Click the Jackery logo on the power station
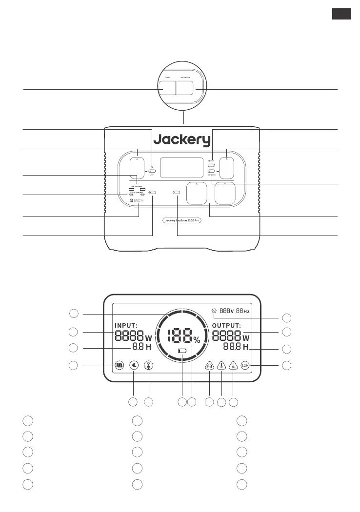pos(182,140)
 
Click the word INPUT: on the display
pos(126,326)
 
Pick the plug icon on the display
pos(134,365)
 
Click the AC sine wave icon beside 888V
pos(213,311)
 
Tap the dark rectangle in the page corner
pos(341,14)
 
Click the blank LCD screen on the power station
pos(181,167)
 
